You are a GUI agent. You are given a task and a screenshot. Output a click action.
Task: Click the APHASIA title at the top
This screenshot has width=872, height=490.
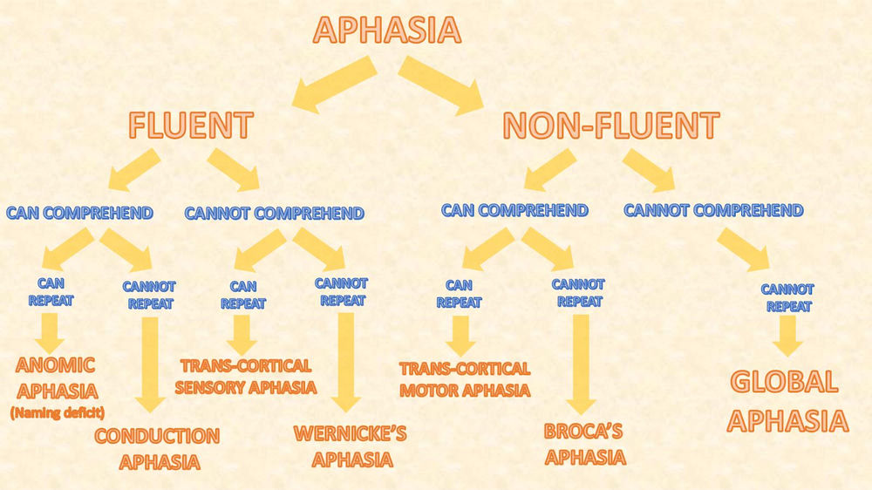click(x=386, y=30)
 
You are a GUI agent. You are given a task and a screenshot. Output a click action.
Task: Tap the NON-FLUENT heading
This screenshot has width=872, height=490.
click(x=610, y=125)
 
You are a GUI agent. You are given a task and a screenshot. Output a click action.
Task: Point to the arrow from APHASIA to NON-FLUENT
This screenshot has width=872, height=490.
click(x=441, y=82)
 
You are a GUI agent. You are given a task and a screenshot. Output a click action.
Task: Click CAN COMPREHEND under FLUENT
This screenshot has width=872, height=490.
click(x=79, y=212)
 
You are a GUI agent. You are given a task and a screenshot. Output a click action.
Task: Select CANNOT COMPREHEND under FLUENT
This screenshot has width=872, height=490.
click(x=274, y=213)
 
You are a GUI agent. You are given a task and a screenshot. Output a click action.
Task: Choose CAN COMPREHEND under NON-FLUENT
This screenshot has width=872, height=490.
click(x=514, y=210)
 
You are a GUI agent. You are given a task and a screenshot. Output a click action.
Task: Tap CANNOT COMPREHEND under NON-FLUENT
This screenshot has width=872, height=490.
click(x=713, y=210)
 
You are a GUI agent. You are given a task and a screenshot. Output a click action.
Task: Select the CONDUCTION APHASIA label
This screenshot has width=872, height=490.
click(x=157, y=448)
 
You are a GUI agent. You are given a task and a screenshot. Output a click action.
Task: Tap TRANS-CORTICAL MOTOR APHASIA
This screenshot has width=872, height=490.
click(x=464, y=379)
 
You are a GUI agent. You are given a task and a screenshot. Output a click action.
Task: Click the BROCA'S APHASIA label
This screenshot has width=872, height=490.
click(x=584, y=443)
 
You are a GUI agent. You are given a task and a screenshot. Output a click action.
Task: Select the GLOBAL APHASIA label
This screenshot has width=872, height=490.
click(x=787, y=401)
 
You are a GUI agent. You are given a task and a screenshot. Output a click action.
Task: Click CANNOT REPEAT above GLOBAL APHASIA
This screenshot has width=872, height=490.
click(x=787, y=297)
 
